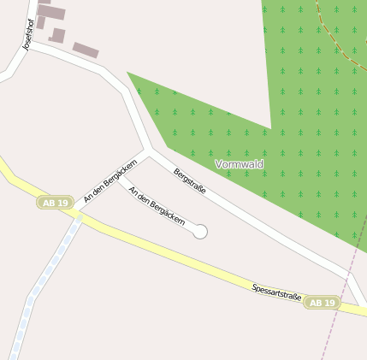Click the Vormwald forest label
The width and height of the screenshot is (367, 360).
click(239, 163)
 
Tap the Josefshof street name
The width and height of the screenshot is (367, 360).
click(31, 36)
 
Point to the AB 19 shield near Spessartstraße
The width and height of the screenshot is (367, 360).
click(323, 303)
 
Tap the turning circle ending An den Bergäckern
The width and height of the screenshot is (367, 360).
click(200, 231)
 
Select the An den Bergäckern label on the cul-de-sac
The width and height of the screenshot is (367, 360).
click(157, 205)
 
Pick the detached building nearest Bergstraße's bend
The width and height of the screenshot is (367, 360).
click(85, 50)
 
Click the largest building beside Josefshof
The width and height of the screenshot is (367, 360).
click(51, 13)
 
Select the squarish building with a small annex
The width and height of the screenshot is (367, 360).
click(57, 35)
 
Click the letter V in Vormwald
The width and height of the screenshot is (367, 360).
click(219, 163)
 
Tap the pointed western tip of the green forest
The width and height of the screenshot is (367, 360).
click(128, 73)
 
